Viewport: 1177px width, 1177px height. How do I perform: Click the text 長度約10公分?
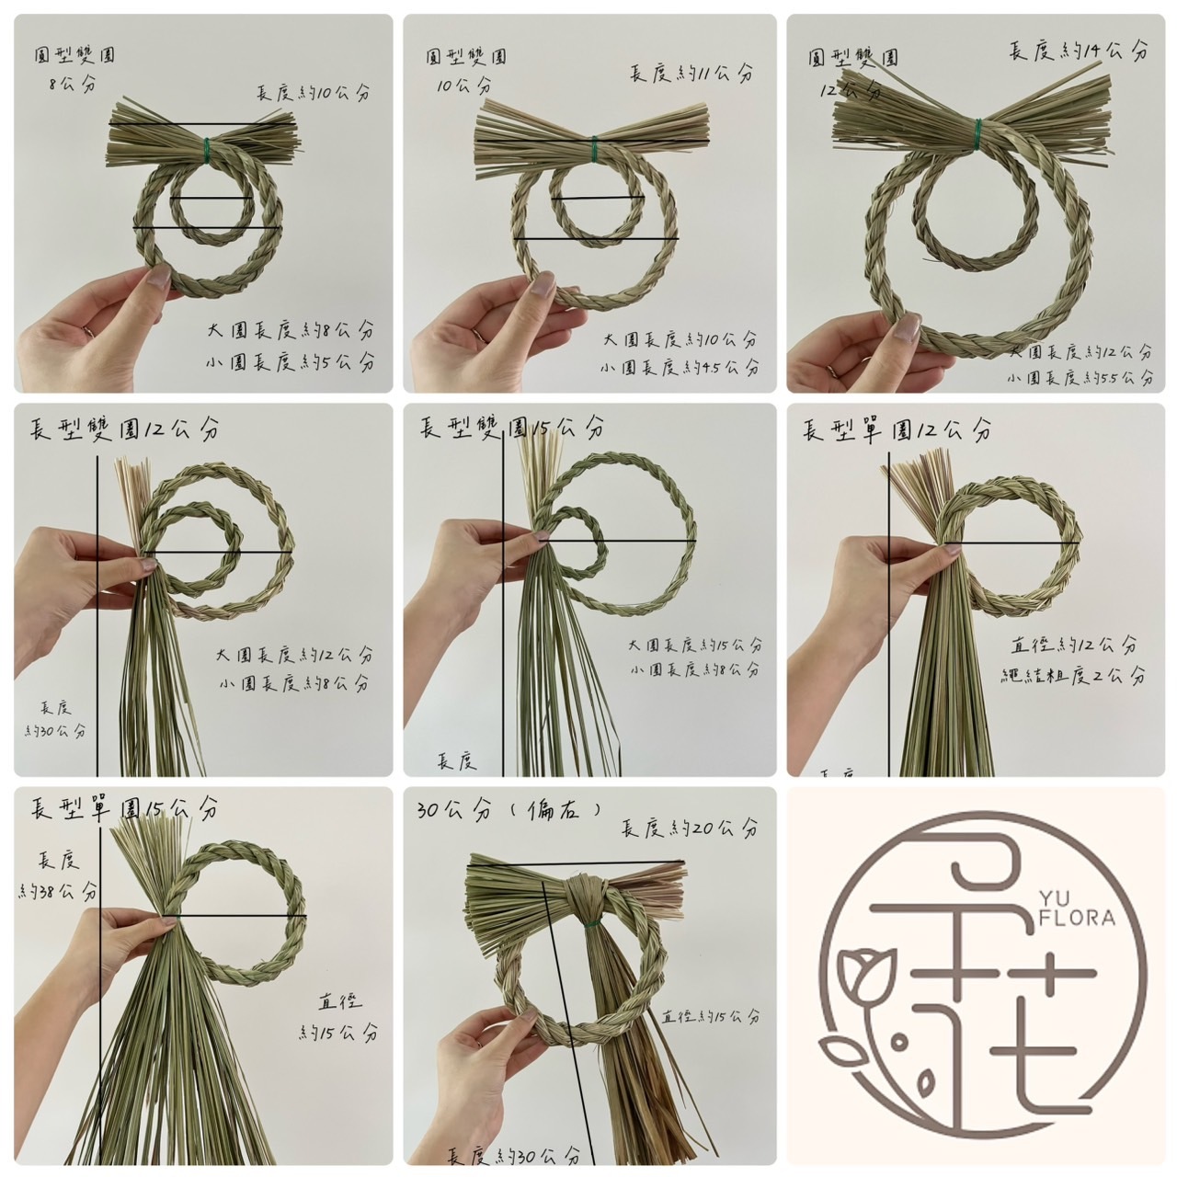314,92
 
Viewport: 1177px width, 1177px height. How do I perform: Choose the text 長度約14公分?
1079,50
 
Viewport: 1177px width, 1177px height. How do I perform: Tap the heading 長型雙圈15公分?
512,427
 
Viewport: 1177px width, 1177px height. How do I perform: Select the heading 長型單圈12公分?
897,429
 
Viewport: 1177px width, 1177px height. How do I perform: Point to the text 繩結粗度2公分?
1073,676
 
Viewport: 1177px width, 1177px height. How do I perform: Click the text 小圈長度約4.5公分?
680,368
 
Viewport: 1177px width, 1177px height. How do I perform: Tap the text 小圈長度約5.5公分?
1080,378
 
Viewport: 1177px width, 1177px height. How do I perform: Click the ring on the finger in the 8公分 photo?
88,329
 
